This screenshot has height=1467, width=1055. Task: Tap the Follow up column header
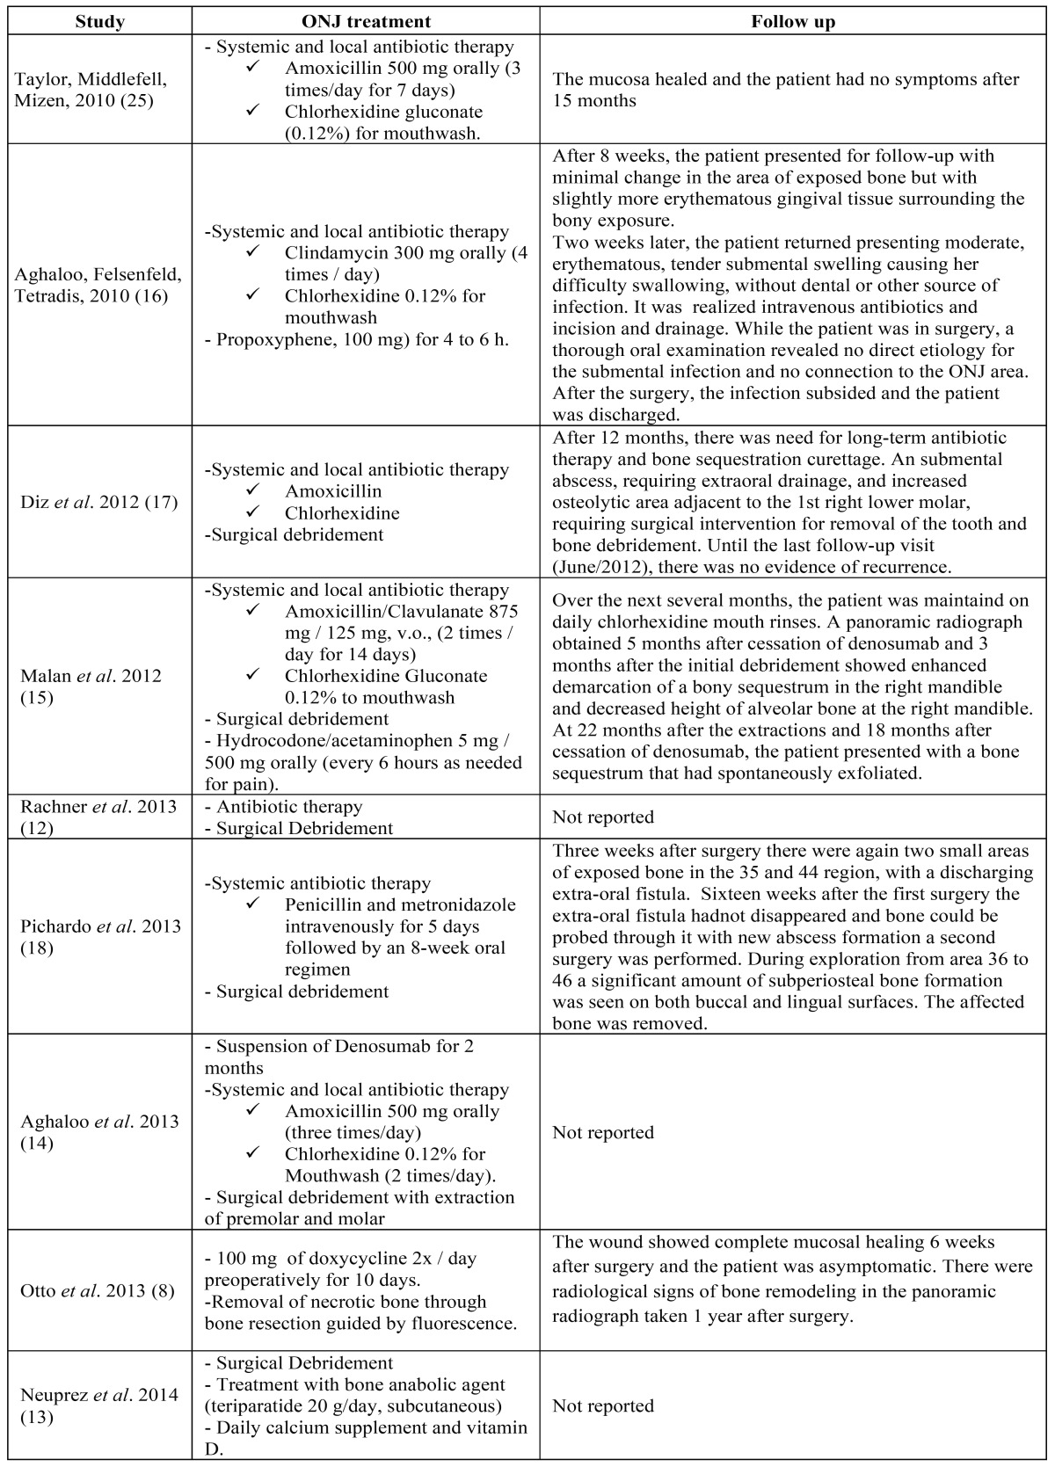(793, 22)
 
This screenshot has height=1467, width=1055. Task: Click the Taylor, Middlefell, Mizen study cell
(91, 90)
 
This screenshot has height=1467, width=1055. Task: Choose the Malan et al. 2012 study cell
(91, 686)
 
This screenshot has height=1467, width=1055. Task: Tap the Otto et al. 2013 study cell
(97, 1290)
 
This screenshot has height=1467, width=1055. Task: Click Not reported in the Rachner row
(603, 817)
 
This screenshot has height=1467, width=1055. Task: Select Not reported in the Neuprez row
(603, 1405)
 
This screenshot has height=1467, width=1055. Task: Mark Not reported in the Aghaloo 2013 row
(603, 1132)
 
